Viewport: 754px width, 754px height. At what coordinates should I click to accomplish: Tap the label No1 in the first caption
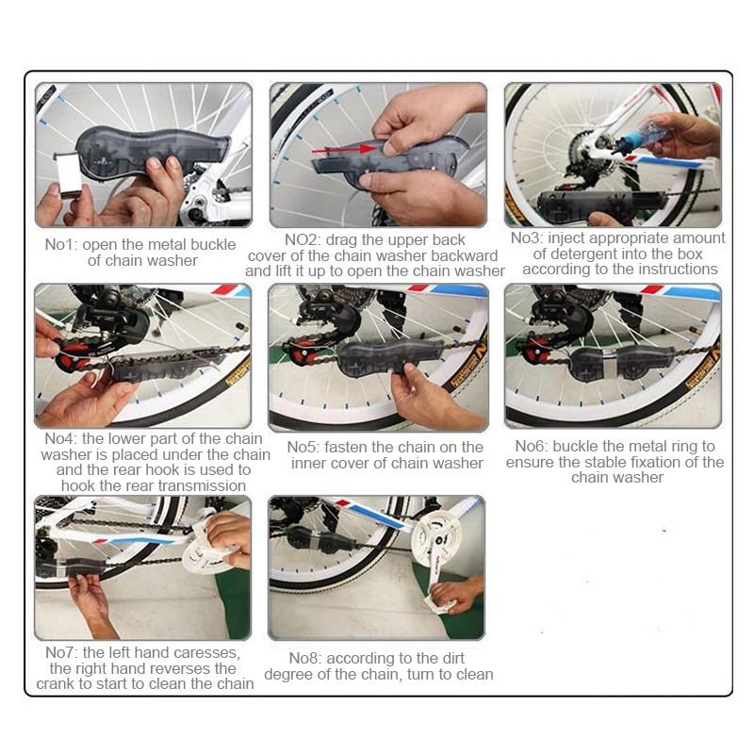[x=61, y=244]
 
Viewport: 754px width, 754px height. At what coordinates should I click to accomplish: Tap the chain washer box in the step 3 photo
[x=602, y=205]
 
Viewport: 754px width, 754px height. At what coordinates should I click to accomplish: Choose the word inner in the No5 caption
[x=310, y=463]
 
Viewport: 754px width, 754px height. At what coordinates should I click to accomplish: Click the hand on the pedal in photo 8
[x=455, y=594]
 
